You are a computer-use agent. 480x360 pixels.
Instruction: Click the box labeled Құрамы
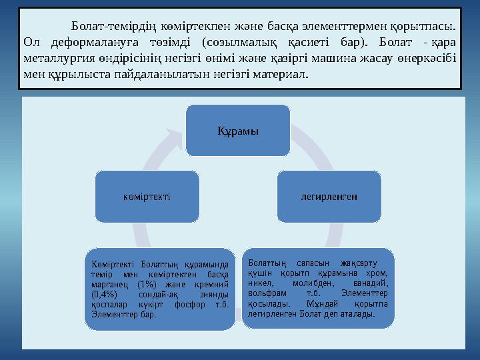click(x=238, y=129)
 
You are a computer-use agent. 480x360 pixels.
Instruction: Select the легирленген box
click(x=329, y=197)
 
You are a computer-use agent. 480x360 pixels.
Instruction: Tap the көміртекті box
click(x=147, y=197)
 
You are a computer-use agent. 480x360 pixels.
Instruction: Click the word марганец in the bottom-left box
click(x=109, y=285)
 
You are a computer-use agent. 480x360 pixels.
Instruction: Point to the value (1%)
click(x=147, y=285)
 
